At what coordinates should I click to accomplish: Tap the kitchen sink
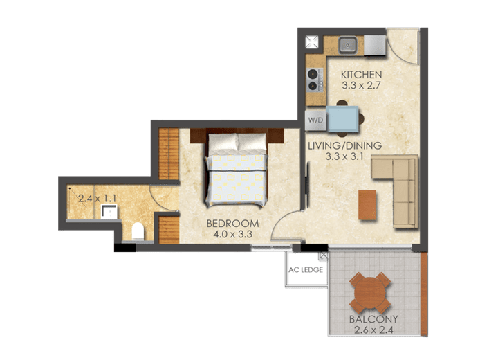point(348,45)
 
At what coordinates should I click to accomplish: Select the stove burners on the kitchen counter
point(313,78)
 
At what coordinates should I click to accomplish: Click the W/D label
point(315,120)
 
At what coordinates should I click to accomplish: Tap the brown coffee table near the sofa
point(367,204)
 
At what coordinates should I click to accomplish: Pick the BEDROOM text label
point(233,224)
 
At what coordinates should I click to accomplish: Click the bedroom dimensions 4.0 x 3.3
point(233,235)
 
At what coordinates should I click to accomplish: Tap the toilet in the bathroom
point(138,230)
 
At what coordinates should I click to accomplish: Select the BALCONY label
point(373,320)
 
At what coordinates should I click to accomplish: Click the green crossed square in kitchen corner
point(313,42)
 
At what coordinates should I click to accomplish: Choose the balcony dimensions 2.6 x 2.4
point(373,331)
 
